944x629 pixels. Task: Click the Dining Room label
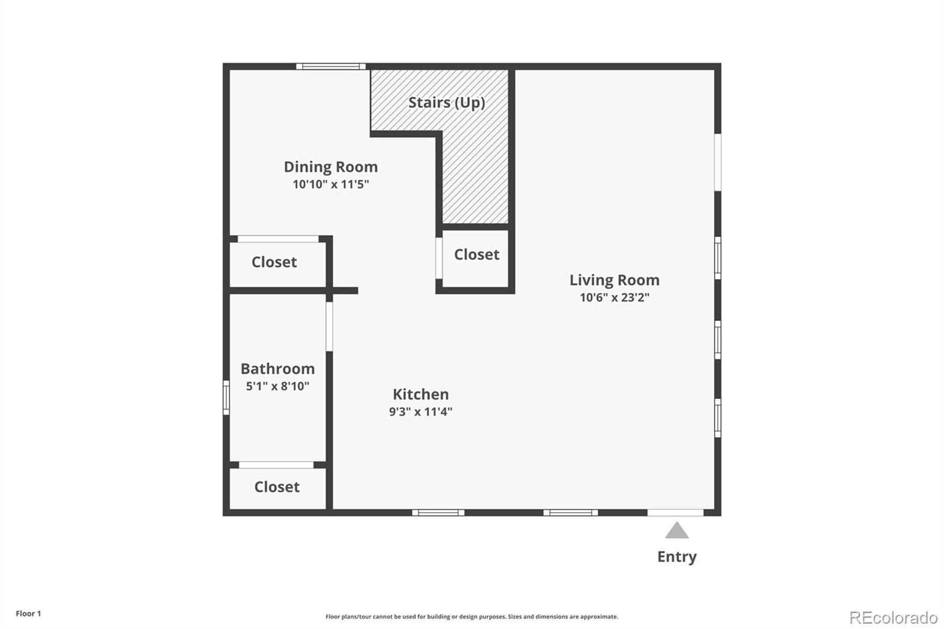click(330, 167)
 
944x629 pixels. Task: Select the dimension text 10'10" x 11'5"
click(330, 184)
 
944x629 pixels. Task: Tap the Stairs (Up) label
click(447, 102)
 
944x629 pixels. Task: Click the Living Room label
click(614, 280)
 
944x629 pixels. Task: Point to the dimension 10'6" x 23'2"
click(614, 297)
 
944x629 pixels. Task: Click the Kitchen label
click(421, 394)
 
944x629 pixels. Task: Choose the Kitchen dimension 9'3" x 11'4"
click(420, 412)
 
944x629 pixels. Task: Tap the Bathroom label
click(277, 369)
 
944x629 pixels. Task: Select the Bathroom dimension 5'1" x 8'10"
click(277, 386)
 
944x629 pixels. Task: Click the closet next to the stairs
click(476, 254)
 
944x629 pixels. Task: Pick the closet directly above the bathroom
click(274, 262)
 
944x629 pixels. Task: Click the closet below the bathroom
click(277, 487)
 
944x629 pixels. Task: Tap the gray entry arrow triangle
click(677, 531)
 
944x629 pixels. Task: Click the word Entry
click(677, 556)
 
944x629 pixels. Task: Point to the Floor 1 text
click(28, 614)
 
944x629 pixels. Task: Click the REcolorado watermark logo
click(893, 617)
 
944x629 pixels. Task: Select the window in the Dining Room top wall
click(330, 67)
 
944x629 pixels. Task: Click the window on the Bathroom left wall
click(226, 397)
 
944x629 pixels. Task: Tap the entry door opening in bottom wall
click(675, 513)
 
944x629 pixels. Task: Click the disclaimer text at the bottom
click(471, 617)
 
